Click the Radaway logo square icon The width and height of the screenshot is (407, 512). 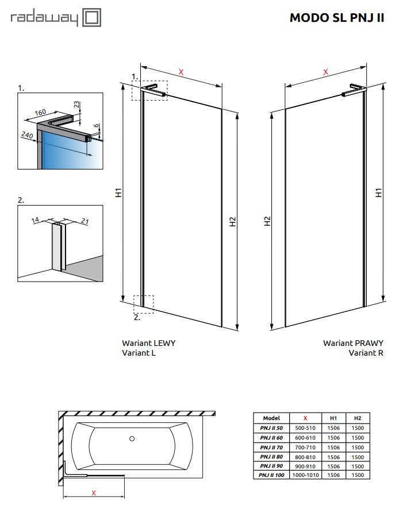point(92,18)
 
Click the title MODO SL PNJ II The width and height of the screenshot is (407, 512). point(336,18)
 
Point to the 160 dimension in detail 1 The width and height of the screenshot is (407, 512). point(40,112)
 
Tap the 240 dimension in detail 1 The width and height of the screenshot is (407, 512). point(27,135)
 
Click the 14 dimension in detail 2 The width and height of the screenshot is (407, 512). point(36,220)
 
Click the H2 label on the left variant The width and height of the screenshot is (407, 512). point(233,221)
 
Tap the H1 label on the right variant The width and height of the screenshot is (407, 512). point(379,194)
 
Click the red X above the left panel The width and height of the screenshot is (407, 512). point(181,72)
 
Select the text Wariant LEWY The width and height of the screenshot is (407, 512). point(148,343)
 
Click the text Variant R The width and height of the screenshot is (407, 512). point(366,353)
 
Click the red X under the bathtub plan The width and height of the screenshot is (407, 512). point(93,492)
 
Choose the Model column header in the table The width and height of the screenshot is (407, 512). point(271,418)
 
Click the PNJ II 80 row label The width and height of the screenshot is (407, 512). point(271,457)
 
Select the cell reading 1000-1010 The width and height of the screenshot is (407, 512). point(305,476)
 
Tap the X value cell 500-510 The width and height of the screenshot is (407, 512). point(305,428)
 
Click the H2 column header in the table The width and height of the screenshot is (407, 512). point(358,418)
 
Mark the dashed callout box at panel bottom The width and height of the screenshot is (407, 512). point(144,303)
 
